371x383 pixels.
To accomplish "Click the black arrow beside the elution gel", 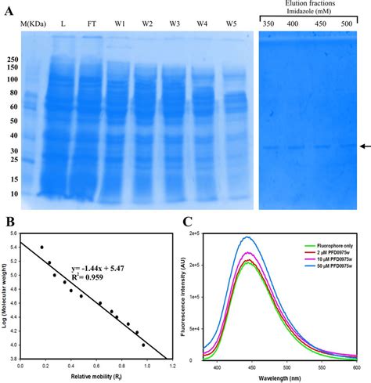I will pos(364,146).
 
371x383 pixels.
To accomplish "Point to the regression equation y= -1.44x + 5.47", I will pos(99,268).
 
